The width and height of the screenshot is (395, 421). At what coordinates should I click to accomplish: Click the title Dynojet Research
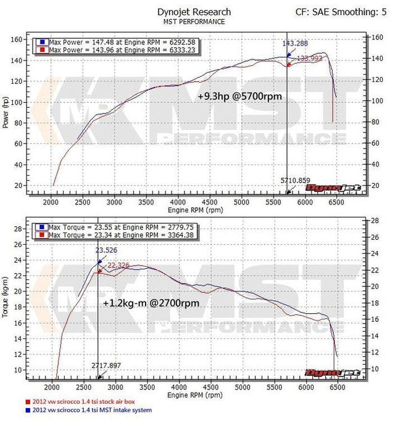pyautogui.click(x=202, y=12)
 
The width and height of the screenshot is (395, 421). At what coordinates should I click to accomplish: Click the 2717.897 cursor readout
pyautogui.click(x=107, y=366)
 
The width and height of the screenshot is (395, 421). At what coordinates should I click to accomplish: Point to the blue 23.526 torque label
pyautogui.click(x=109, y=250)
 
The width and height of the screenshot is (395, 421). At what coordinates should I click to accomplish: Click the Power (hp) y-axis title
pyautogui.click(x=7, y=112)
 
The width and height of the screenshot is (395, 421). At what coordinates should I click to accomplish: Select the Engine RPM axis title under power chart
pyautogui.click(x=194, y=210)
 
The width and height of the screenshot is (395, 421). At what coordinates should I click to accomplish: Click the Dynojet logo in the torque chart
pyautogui.click(x=323, y=373)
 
